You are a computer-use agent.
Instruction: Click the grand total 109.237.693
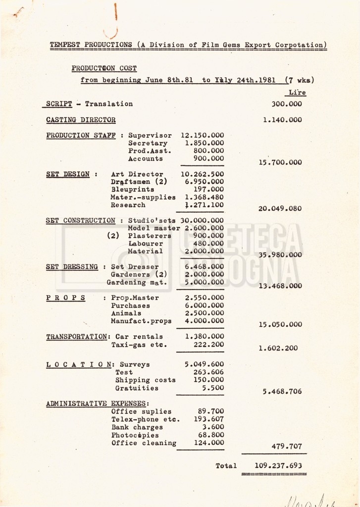tap(278, 465)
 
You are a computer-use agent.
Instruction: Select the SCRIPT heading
tap(59, 104)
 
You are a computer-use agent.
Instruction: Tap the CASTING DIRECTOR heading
tap(81, 120)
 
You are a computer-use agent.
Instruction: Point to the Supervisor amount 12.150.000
tap(202, 135)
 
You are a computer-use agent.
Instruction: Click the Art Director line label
tap(137, 174)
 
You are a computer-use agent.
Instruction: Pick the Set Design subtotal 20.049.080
tap(280, 208)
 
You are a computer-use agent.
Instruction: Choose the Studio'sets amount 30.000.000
tap(202, 220)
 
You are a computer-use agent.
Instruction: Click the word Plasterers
tap(150, 236)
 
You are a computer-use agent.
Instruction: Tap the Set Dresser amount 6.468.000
tap(204, 267)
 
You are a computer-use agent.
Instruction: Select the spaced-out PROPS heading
tap(66, 298)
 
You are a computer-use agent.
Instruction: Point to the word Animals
tap(126, 313)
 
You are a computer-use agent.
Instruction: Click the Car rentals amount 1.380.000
tap(204, 337)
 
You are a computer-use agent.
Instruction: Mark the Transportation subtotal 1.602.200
tap(278, 348)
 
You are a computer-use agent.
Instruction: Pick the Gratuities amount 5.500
tap(212, 388)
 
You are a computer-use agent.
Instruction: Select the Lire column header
tap(297, 93)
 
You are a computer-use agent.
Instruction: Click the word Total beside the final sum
tap(226, 465)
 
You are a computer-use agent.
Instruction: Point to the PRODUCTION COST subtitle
tap(104, 68)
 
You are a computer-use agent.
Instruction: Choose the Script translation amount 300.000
tap(287, 104)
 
